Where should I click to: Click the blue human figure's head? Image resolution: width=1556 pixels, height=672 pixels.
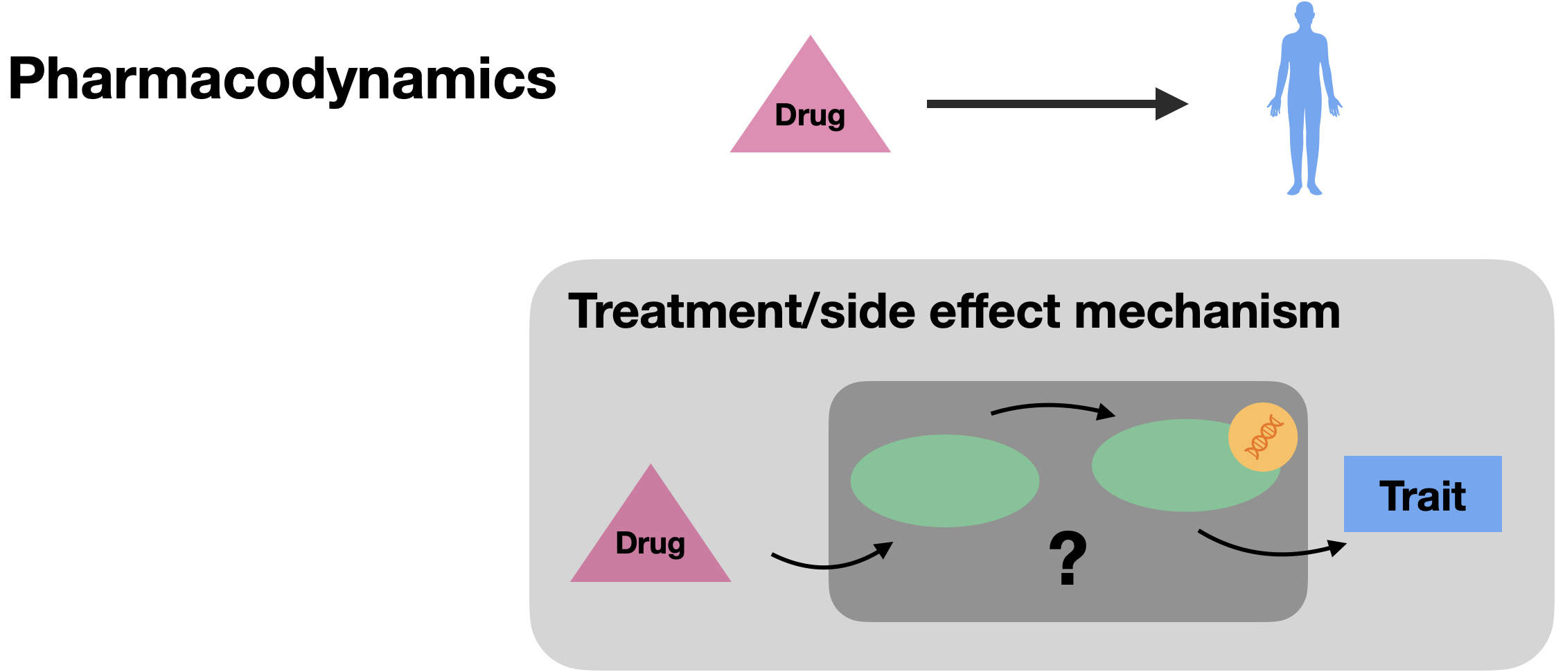[1305, 14]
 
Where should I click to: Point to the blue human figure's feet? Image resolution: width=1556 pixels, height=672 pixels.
[1305, 188]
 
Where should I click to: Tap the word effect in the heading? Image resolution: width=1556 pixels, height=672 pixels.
[994, 312]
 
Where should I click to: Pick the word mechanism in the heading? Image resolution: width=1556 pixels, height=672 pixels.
[1207, 312]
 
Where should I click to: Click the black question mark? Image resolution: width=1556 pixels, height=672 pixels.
[1068, 558]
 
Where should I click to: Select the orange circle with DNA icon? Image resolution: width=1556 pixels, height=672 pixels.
[1262, 437]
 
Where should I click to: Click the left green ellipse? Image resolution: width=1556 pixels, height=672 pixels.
[944, 480]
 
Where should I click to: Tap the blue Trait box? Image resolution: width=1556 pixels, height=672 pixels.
[1422, 493]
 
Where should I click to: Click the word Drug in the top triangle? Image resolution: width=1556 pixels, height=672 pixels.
[810, 116]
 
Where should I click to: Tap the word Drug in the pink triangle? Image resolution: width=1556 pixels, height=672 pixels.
[650, 544]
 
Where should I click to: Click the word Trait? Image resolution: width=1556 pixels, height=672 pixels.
[1422, 496]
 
